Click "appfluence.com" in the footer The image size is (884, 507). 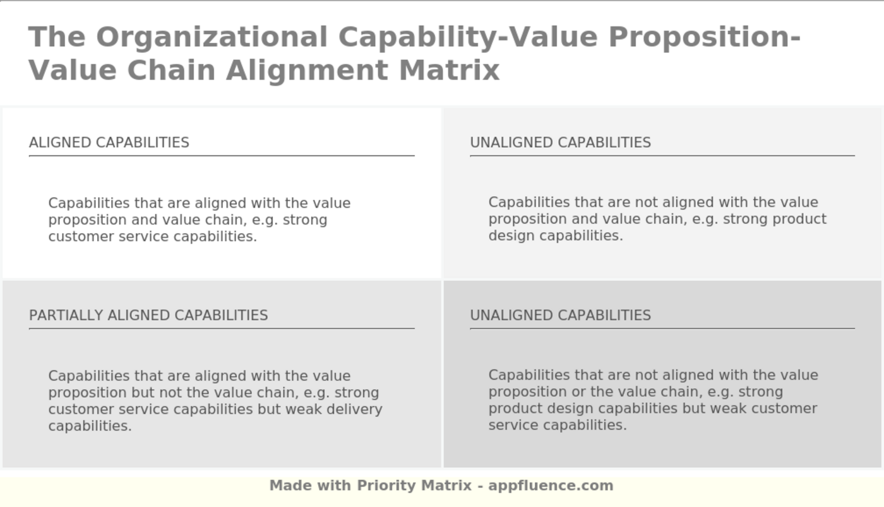pyautogui.click(x=551, y=486)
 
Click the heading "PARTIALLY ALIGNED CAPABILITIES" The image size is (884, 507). pyautogui.click(x=148, y=315)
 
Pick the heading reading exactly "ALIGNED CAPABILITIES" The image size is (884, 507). pyautogui.click(x=109, y=143)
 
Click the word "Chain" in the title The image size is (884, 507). pyautogui.click(x=171, y=71)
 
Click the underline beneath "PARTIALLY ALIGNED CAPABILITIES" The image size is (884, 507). pyautogui.click(x=222, y=328)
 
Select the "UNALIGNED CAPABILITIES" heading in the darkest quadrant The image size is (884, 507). pyautogui.click(x=561, y=315)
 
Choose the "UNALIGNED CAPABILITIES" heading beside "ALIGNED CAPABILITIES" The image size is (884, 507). pyautogui.click(x=561, y=143)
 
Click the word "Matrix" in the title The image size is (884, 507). pyautogui.click(x=450, y=71)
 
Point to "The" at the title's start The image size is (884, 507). pyautogui.click(x=57, y=37)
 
